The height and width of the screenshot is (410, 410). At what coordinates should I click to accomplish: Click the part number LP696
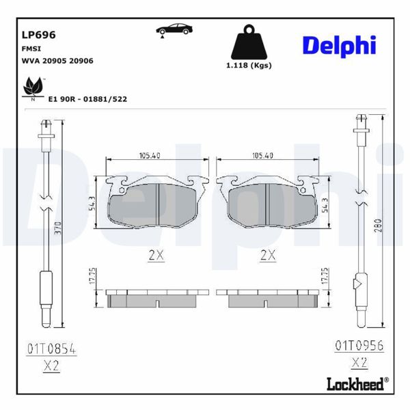(39, 34)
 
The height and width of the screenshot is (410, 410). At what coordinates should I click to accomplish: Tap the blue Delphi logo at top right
(339, 45)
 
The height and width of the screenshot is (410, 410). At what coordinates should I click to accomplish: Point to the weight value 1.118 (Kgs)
(248, 66)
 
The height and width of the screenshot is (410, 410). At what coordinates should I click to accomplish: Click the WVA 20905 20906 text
(58, 61)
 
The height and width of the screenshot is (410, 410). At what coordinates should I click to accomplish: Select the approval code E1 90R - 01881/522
(87, 99)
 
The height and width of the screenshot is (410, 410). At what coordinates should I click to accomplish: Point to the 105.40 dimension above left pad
(149, 156)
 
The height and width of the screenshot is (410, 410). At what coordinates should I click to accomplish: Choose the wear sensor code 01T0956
(359, 346)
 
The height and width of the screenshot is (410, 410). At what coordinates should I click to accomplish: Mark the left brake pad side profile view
(156, 299)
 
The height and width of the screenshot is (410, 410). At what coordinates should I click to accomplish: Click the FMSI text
(32, 49)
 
